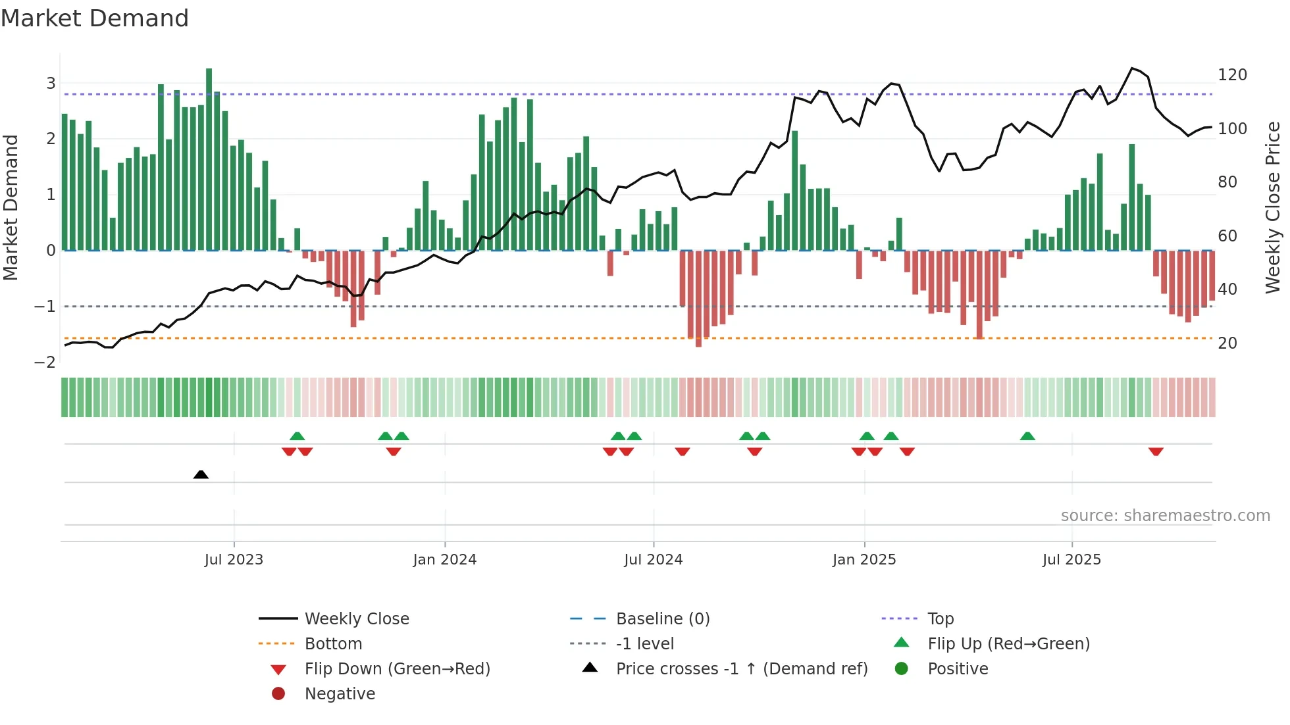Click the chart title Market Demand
pyautogui.click(x=95, y=18)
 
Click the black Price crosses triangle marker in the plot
pyautogui.click(x=201, y=474)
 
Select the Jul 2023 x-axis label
pyautogui.click(x=234, y=560)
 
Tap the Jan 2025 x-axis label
pyautogui.click(x=864, y=560)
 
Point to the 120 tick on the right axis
pyautogui.click(x=1232, y=75)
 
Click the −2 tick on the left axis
pyautogui.click(x=45, y=362)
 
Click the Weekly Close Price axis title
pyautogui.click(x=1273, y=207)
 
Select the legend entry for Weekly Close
pyautogui.click(x=356, y=619)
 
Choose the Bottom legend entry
pyautogui.click(x=333, y=644)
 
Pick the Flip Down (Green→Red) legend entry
pyautogui.click(x=397, y=669)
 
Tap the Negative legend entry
pyautogui.click(x=340, y=694)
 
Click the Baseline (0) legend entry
pyautogui.click(x=662, y=619)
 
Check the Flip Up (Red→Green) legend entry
pyautogui.click(x=1008, y=644)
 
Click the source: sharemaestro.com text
pyautogui.click(x=1165, y=516)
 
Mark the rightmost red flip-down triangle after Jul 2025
pyautogui.click(x=1156, y=451)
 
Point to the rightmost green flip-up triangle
pyautogui.click(x=1027, y=436)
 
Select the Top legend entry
pyautogui.click(x=940, y=619)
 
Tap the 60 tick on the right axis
pyautogui.click(x=1227, y=236)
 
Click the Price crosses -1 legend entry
pyautogui.click(x=741, y=669)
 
